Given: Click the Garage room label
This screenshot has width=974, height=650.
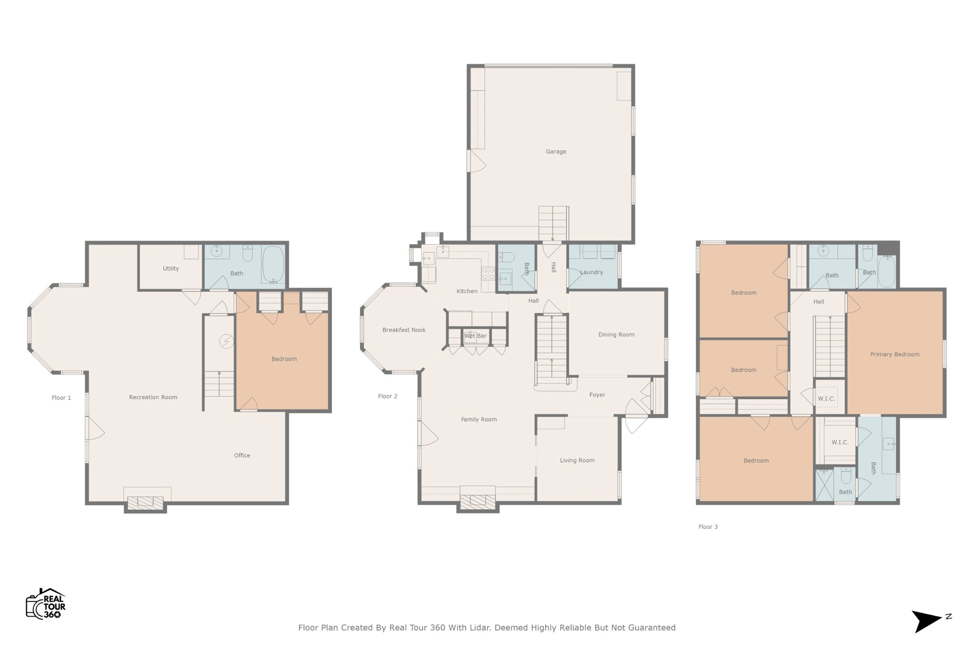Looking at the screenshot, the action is tap(555, 152).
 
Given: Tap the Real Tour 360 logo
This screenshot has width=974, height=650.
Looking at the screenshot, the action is tap(46, 603).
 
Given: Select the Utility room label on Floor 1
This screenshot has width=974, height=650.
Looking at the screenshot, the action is tap(171, 269).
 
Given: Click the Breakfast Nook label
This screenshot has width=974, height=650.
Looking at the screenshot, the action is tap(404, 330).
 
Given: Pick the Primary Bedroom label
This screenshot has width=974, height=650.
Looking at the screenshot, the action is tap(895, 355).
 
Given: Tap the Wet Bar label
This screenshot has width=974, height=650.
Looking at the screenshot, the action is tap(475, 336).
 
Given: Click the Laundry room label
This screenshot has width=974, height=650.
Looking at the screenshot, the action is tap(592, 272).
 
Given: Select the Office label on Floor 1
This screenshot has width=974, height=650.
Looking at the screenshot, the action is tap(242, 455).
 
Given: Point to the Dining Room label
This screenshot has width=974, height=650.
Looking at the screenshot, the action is tap(616, 335).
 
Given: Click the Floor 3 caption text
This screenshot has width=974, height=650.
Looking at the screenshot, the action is tap(708, 527).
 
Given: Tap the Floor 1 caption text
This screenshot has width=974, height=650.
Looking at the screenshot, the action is tap(61, 398).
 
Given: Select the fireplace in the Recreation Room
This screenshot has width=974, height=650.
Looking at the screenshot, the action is tap(145, 503).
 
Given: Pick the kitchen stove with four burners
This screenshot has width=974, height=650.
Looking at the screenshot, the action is tap(488, 273).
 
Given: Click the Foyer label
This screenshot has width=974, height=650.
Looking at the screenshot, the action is tap(597, 395).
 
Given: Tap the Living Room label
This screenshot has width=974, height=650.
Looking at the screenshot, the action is tap(577, 461).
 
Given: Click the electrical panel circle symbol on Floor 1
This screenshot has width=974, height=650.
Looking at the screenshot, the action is tap(226, 341).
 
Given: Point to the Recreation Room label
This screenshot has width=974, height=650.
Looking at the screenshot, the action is tap(153, 397).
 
